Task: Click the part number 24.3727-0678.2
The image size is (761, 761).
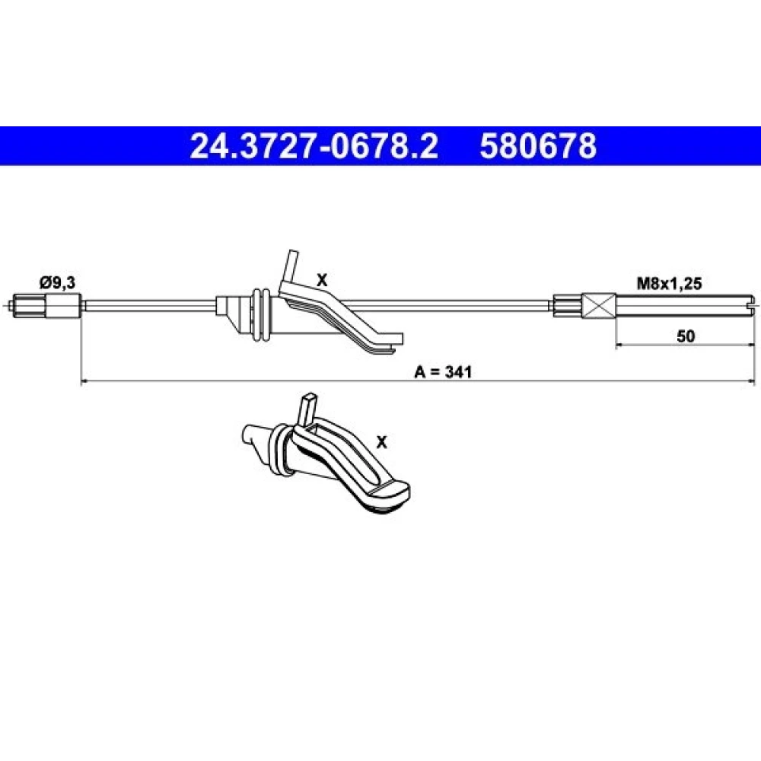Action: pos(314,146)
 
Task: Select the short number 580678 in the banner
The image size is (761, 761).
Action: pos(538,146)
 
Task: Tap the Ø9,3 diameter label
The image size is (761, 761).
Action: pos(57,282)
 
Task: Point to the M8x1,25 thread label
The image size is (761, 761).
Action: pos(669,283)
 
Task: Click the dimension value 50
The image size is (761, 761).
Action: pos(686,336)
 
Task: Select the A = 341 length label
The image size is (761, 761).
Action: pos(443,372)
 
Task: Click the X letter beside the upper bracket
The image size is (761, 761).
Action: pos(322,280)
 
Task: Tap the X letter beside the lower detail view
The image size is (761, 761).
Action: pos(382,442)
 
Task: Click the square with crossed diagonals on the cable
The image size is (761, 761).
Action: pos(599,306)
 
